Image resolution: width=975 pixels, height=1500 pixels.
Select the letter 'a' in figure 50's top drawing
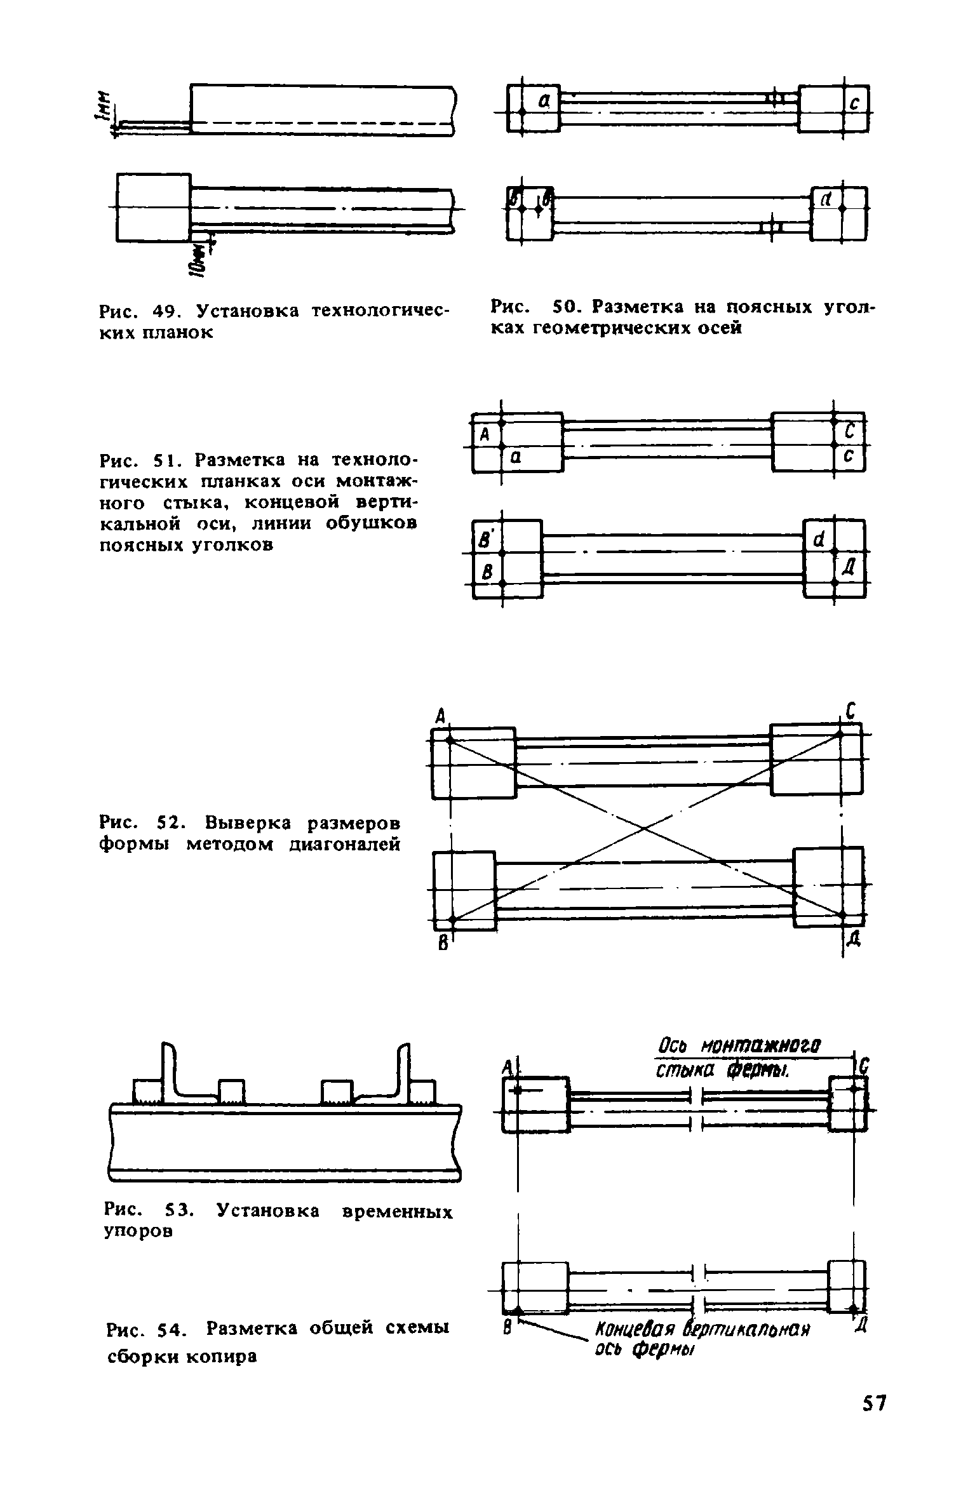(x=544, y=99)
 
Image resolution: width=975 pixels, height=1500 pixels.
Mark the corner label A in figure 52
(x=440, y=717)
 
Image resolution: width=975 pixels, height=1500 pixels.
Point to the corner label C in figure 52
(x=851, y=712)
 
